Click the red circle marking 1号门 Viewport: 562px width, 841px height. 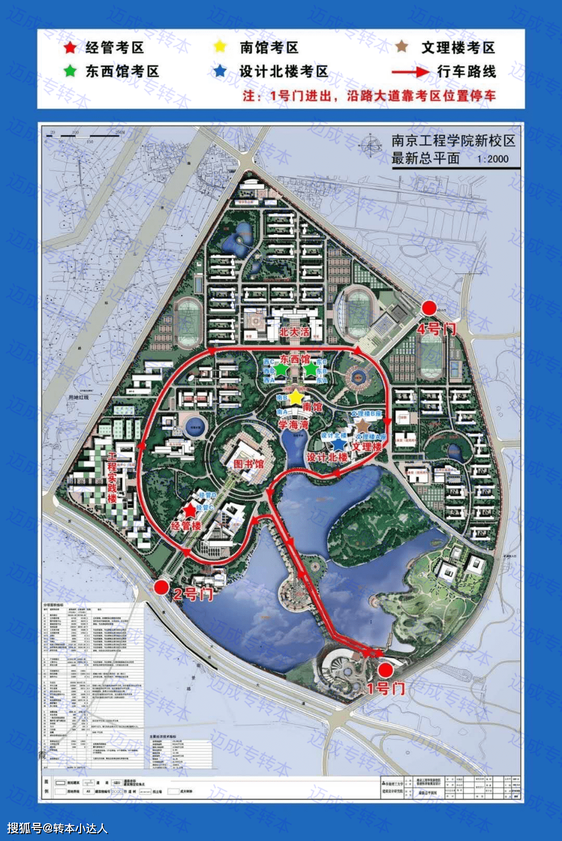point(385,670)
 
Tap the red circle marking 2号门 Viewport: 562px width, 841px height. point(161,588)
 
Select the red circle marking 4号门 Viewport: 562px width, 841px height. point(429,308)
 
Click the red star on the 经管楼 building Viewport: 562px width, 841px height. point(190,511)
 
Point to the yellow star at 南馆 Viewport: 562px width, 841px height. point(296,397)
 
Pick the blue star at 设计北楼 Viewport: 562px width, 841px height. point(339,443)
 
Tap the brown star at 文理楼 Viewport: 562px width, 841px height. point(362,425)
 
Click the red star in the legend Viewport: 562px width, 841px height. point(70,48)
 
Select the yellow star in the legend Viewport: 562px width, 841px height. point(220,46)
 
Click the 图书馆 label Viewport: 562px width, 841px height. point(248,463)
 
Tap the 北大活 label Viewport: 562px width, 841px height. point(294,332)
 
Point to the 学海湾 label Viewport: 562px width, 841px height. point(293,425)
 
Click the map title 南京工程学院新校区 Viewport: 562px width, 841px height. point(453,141)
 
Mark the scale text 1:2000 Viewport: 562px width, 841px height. point(492,159)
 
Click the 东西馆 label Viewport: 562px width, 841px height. point(295,359)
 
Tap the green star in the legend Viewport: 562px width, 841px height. point(70,71)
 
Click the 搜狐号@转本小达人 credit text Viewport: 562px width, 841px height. point(57,828)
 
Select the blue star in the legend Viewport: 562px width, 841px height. point(220,71)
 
